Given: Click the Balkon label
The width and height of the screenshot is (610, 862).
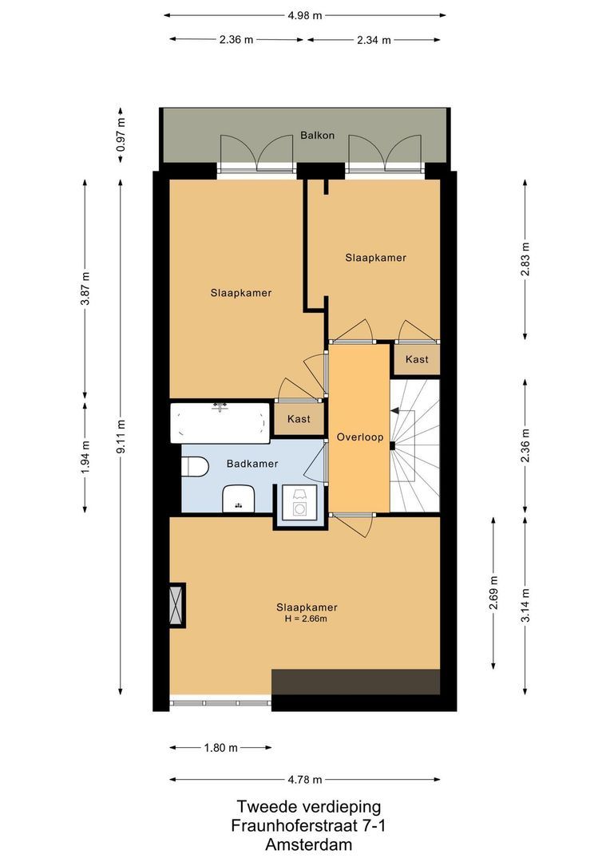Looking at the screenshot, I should coord(317,135).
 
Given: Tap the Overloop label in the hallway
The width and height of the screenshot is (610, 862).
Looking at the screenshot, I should coord(360,437).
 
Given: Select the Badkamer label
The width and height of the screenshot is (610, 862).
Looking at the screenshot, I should coord(252,464).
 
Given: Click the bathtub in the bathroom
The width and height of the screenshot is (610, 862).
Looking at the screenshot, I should coord(220,421).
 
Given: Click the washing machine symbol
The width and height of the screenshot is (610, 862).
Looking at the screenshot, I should coord(301,504).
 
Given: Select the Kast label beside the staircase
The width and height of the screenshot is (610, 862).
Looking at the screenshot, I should coord(417,359).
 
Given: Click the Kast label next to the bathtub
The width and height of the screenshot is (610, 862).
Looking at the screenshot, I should coord(299,419).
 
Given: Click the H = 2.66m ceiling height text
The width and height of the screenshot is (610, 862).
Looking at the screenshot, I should coord(301,619).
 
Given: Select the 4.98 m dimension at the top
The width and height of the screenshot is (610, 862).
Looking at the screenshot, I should coord(306,15).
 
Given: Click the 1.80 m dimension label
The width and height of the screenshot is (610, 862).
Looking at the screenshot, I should coord(220,748).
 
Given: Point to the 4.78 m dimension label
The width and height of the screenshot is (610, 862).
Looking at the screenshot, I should coord(305,780).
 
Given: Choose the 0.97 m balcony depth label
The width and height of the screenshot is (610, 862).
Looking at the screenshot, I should coord(121,135).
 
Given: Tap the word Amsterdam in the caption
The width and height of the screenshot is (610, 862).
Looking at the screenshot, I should coord(308,844).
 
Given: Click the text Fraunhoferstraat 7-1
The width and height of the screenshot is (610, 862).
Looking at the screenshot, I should coord(308,825).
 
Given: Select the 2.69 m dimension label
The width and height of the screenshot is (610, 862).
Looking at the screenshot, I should coord(494,592).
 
